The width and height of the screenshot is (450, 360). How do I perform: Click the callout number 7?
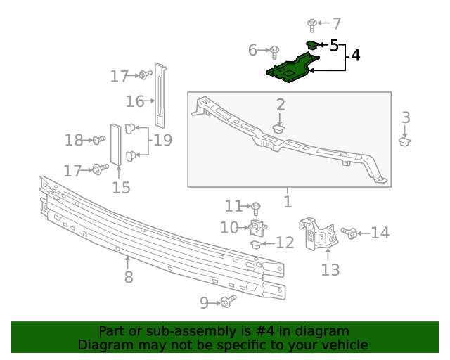[336, 22]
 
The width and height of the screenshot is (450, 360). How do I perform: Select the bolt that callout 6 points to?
[274, 51]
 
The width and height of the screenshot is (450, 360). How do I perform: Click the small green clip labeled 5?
[311, 45]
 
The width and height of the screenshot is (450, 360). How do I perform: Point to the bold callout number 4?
[356, 55]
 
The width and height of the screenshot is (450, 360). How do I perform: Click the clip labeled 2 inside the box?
[279, 129]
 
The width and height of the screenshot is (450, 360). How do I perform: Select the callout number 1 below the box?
[287, 202]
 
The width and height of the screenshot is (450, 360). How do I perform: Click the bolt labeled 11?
[256, 207]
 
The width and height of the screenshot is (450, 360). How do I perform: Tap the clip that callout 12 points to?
[257, 244]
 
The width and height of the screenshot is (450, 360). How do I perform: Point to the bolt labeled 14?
[349, 233]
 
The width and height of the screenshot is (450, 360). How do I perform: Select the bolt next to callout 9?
[227, 302]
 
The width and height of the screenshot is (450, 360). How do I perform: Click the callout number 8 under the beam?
[129, 277]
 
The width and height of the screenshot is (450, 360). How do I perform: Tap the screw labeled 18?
[98, 141]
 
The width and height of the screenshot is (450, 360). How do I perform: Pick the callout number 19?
[162, 140]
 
